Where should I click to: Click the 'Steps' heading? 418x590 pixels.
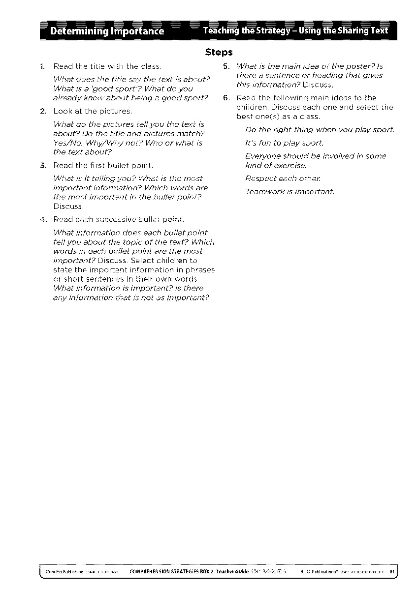tap(219, 52)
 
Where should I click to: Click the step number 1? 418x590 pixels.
tap(42, 66)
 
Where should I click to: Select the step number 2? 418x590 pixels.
tap(42, 111)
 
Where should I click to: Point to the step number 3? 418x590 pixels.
tap(42, 165)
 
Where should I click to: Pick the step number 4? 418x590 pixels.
tap(42, 219)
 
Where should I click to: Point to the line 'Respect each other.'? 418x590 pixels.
tap(277, 178)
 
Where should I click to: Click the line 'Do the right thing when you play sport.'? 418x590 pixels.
tap(320, 130)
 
